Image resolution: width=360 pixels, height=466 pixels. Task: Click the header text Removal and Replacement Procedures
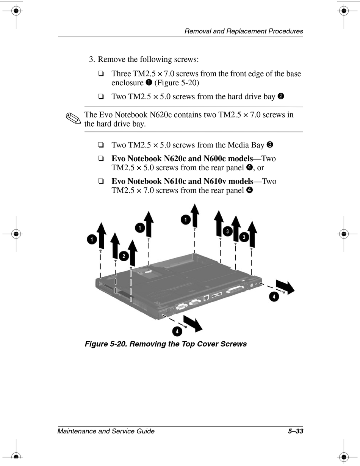pyautogui.click(x=244, y=31)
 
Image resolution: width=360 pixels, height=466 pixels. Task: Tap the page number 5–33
pyautogui.click(x=295, y=431)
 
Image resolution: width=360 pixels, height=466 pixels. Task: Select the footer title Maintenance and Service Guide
pyautogui.click(x=106, y=431)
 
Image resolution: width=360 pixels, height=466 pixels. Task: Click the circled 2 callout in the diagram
pyautogui.click(x=124, y=256)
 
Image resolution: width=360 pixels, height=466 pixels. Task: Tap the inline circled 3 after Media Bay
pyautogui.click(x=270, y=144)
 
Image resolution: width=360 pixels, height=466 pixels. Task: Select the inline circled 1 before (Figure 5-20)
pyautogui.click(x=149, y=83)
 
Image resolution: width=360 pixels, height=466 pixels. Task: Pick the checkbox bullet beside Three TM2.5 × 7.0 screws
pyautogui.click(x=101, y=74)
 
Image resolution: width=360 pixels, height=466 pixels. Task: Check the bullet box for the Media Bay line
pyautogui.click(x=101, y=145)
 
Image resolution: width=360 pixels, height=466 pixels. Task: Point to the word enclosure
pyautogui.click(x=127, y=83)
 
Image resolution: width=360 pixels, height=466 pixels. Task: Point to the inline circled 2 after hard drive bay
pyautogui.click(x=281, y=96)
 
